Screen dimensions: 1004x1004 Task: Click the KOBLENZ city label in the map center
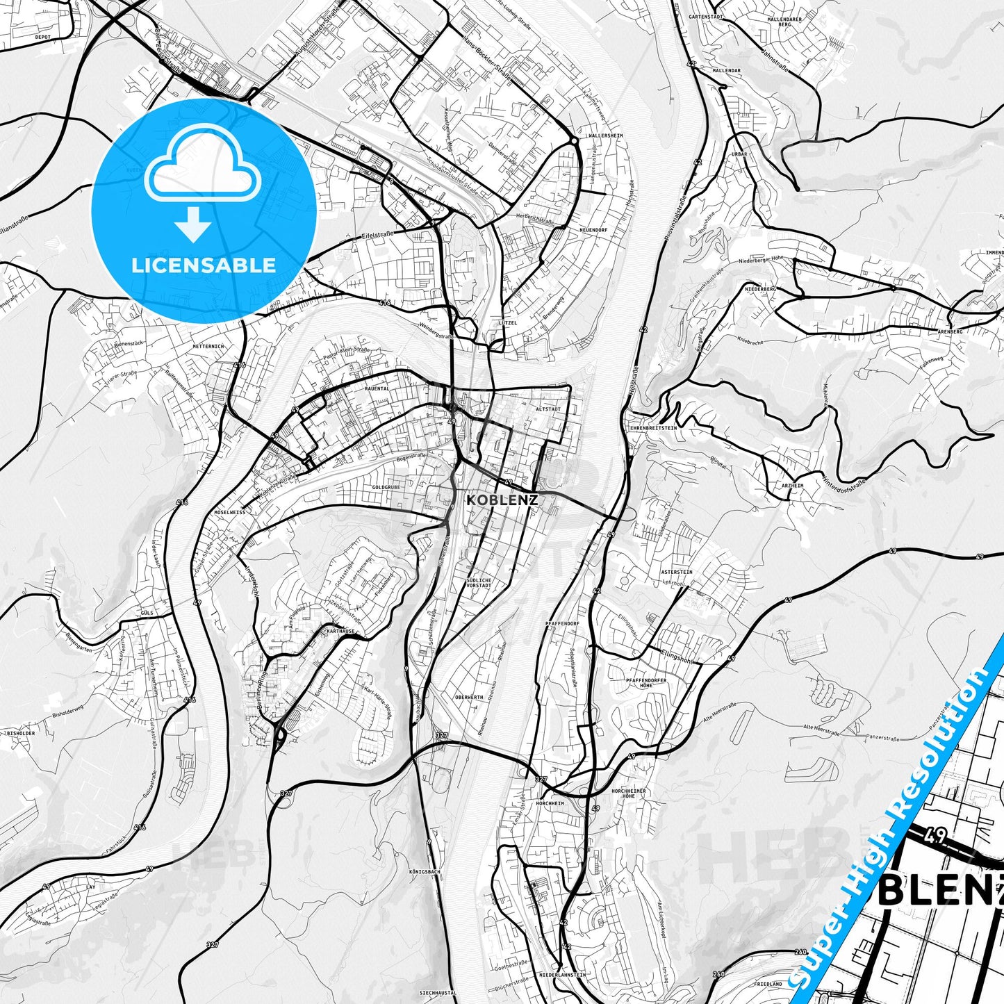coord(502,500)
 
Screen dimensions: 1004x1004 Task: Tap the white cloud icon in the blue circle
coord(202,169)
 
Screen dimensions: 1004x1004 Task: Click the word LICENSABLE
coord(204,265)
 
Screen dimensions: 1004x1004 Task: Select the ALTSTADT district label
coord(548,409)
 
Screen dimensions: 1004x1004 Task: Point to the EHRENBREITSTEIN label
coord(653,428)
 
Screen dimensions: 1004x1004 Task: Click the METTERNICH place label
coord(209,346)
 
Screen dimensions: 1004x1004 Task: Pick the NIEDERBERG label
coord(760,288)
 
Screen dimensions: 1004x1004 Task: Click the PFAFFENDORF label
coord(563,623)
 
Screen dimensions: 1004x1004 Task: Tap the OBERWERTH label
coord(468,697)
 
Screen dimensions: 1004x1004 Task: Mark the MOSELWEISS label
coord(230,511)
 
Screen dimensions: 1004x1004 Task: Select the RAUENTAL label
coord(377,389)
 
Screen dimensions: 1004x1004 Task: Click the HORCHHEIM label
coord(550,803)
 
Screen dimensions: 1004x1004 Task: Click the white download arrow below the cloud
coord(193,224)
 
